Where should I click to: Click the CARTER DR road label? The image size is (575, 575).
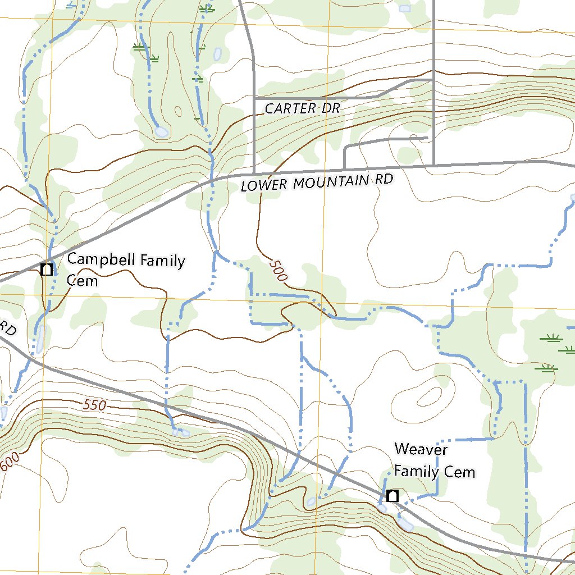(302, 108)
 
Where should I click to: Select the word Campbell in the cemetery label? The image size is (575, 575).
(94, 260)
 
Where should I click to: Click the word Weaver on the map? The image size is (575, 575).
(421, 449)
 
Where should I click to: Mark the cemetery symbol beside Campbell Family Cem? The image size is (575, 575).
(47, 270)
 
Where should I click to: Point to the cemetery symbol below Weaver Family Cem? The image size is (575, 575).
(393, 496)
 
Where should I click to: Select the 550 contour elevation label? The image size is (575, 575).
(94, 405)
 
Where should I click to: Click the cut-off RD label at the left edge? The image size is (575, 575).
(7, 328)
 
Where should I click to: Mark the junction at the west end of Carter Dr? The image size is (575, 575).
(254, 98)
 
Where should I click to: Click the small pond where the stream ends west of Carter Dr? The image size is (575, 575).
(162, 132)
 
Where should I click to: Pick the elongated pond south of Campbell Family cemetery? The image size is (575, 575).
(40, 339)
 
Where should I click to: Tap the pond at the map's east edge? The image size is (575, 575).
(573, 197)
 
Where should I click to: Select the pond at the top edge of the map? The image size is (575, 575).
(404, 8)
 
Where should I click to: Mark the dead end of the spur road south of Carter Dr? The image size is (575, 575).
(427, 137)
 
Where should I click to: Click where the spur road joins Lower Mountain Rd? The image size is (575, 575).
(344, 168)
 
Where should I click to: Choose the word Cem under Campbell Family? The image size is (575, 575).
(82, 280)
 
